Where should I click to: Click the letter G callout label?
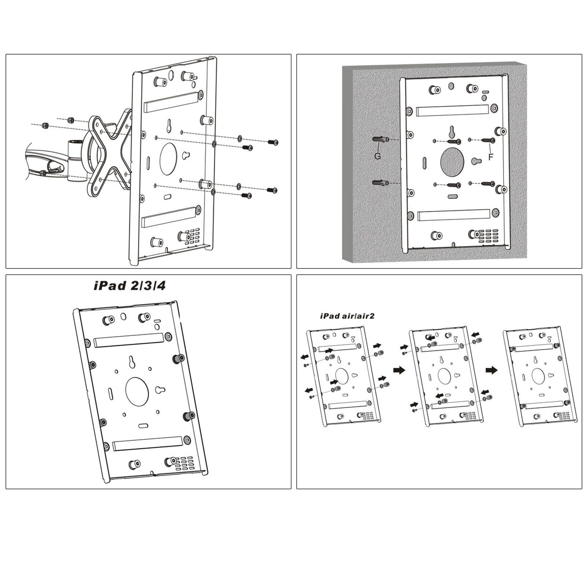point(378,156)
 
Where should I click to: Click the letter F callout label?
point(491,157)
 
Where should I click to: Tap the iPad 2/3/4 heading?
point(130,286)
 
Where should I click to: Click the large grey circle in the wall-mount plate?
point(452,161)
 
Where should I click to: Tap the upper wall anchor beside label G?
point(379,140)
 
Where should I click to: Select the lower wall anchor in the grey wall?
point(379,182)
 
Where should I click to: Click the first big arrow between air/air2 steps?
point(399,370)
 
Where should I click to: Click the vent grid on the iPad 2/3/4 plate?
point(183,463)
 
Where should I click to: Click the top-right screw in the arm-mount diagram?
point(272,142)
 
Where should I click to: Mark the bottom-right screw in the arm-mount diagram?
point(272,190)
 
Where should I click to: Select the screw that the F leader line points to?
point(489,140)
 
